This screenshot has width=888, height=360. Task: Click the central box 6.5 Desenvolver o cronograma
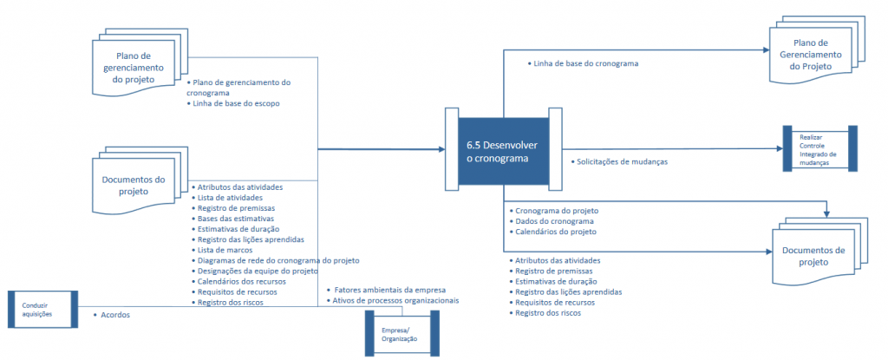point(504,151)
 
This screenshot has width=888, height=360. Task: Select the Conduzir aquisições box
point(43,309)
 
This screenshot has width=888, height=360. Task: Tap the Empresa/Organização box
point(402,334)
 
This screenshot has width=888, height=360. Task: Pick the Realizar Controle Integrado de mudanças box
point(819,148)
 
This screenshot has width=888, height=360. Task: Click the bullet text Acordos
point(112,315)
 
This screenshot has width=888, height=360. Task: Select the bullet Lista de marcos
point(222,250)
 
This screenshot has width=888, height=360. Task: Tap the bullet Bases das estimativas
point(234,219)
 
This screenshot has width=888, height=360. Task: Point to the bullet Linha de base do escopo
point(232,104)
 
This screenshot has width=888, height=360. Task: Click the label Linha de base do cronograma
point(582,63)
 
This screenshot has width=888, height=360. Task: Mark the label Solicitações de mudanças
point(619,161)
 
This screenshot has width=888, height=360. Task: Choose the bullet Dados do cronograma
point(551,221)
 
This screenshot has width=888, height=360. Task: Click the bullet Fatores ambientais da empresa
point(388,291)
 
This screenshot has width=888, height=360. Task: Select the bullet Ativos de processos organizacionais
point(393,300)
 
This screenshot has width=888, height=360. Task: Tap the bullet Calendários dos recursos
point(238,281)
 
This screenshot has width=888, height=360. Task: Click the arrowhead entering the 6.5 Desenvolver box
point(441,150)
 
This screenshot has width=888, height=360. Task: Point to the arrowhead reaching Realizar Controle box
point(778,148)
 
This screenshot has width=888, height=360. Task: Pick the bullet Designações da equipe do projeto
point(253,271)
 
